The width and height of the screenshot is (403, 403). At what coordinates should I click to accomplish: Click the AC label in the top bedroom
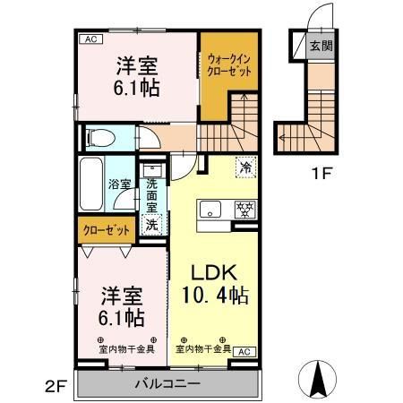(91, 39)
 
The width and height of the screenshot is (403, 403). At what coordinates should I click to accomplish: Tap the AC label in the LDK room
(242, 351)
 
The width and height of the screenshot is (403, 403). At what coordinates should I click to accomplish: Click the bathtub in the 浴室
(91, 184)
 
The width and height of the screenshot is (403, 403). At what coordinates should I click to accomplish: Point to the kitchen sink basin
(210, 210)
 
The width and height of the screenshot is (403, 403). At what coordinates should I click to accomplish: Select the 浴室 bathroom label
(121, 184)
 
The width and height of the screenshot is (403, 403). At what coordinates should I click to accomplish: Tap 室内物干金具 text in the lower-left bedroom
(125, 348)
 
